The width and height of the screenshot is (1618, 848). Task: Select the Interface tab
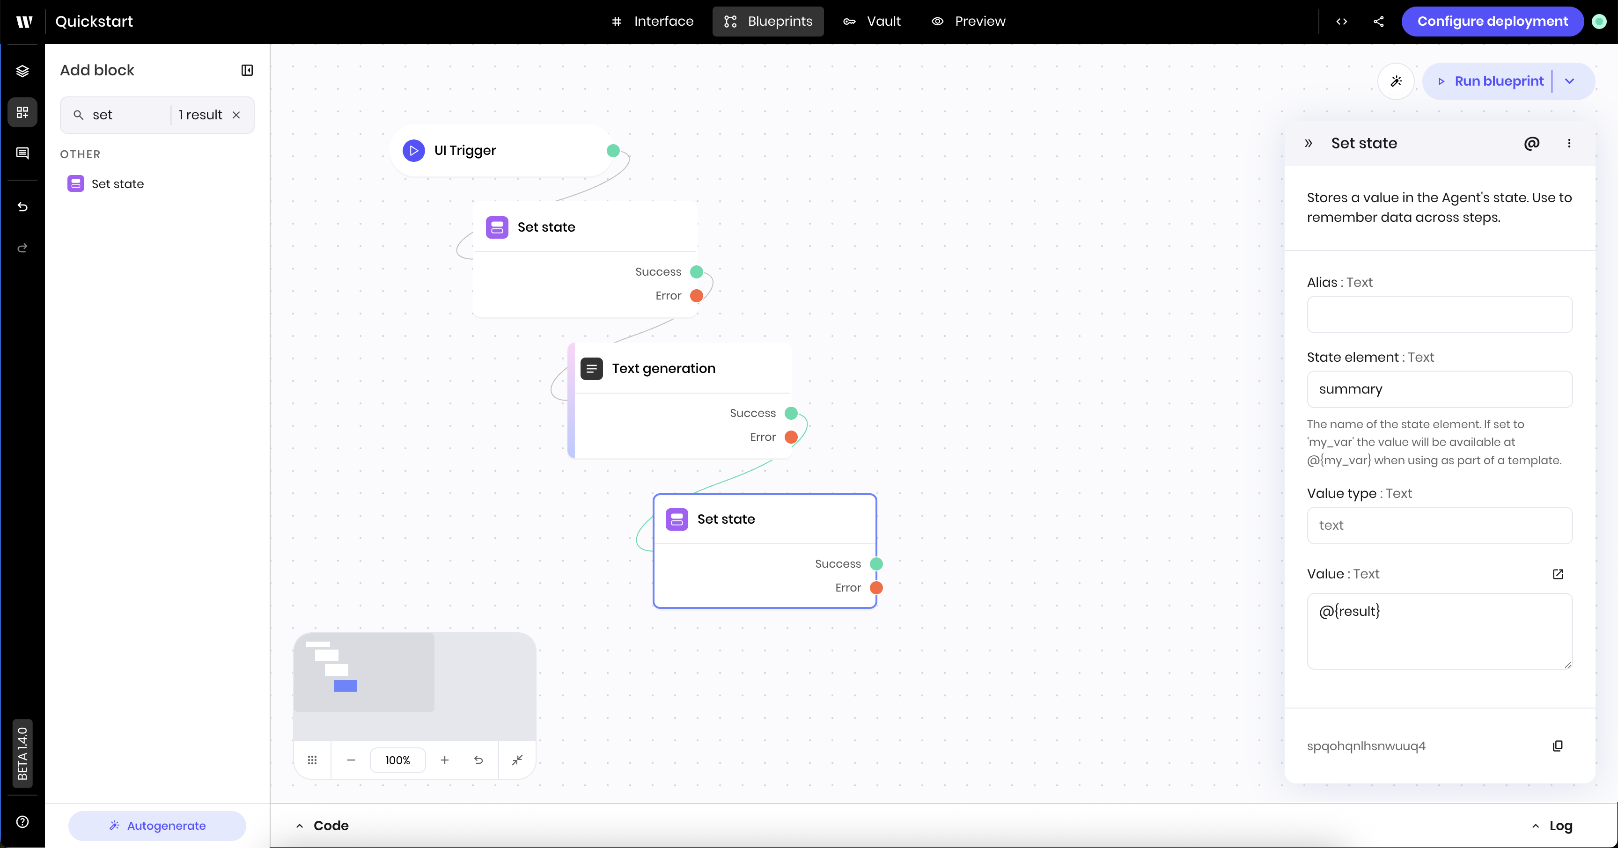653,22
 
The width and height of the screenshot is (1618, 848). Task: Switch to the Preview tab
969,22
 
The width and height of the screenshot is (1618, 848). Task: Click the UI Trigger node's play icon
413,151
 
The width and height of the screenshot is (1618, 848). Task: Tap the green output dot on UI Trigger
613,151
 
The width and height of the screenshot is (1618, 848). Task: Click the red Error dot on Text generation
791,437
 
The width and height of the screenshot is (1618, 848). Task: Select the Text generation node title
663,368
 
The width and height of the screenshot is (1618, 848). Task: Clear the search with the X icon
236,115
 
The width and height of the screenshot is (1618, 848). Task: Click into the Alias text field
1439,314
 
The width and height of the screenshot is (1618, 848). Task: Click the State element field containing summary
1439,389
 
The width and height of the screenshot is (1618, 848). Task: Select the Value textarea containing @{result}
1439,631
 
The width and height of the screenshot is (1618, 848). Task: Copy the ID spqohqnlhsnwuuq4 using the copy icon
1558,746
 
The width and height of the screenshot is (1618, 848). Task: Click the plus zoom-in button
445,760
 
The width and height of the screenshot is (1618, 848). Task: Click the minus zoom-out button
351,760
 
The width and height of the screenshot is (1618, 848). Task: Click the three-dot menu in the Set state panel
1569,143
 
